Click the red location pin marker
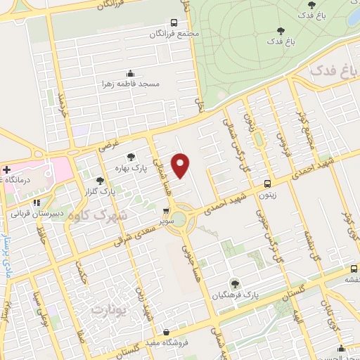[x=181, y=165]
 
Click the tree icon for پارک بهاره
[x=130, y=157]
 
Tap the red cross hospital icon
[x=6, y=170]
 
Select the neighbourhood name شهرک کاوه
[x=95, y=214]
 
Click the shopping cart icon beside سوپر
[x=166, y=210]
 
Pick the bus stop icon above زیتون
[x=266, y=184]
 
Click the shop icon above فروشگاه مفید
[x=165, y=333]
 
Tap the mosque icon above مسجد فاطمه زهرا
[x=130, y=73]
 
